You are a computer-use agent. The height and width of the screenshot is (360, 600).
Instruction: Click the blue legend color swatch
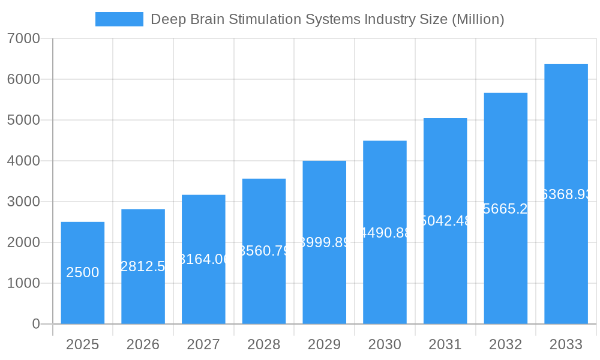point(119,19)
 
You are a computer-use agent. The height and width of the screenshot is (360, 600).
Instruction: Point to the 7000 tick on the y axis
point(23,38)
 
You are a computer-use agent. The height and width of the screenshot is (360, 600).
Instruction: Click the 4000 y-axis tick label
point(23,161)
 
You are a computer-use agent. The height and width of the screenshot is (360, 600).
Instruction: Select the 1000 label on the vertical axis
point(23,283)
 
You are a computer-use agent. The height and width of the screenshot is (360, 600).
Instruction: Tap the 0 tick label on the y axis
point(35,324)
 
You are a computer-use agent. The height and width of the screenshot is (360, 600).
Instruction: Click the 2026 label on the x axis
point(143,344)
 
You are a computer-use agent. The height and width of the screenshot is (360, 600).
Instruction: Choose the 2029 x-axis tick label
point(324,344)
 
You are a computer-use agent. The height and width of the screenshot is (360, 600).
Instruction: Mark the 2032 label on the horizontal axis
point(505,344)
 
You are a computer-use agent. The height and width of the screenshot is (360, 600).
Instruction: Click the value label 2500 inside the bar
point(83,272)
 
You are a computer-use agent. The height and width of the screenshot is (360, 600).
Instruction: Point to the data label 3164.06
point(204,259)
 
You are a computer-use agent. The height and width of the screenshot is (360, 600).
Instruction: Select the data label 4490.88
point(385,233)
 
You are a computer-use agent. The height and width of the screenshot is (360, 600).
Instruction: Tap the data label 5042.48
point(445,221)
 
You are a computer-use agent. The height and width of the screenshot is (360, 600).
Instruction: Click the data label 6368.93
point(566,194)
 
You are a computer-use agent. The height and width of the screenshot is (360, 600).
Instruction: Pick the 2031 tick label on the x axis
point(445,344)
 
